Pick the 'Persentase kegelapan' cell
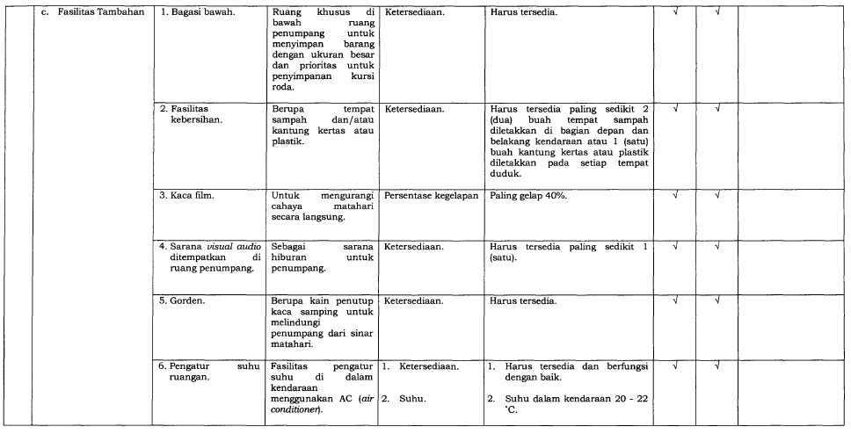(x=428, y=195)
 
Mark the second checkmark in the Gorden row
(x=718, y=301)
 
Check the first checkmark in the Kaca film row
(x=675, y=195)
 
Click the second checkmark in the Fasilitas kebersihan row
(x=718, y=109)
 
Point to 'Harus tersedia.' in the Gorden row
(x=522, y=301)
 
